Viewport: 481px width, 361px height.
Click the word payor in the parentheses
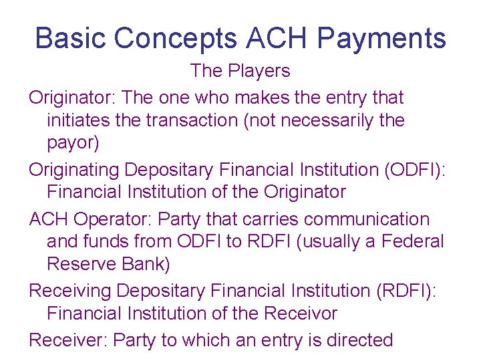click(x=73, y=144)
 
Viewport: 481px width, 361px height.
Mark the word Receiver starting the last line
click(x=67, y=340)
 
